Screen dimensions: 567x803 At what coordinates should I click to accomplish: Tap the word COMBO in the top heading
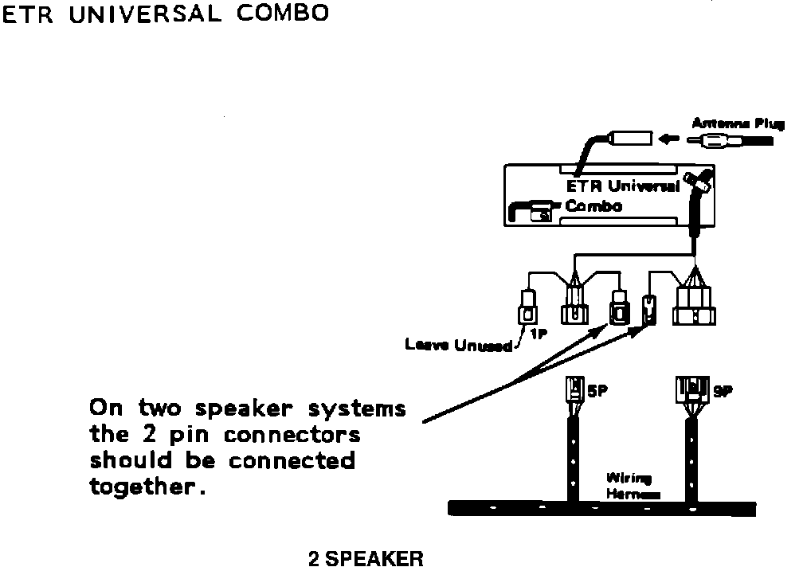tap(281, 16)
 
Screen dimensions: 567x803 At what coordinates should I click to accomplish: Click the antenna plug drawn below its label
tap(733, 142)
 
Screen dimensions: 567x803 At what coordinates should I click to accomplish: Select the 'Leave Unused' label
tap(458, 346)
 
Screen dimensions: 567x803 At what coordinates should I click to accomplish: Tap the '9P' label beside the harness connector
tap(723, 392)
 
